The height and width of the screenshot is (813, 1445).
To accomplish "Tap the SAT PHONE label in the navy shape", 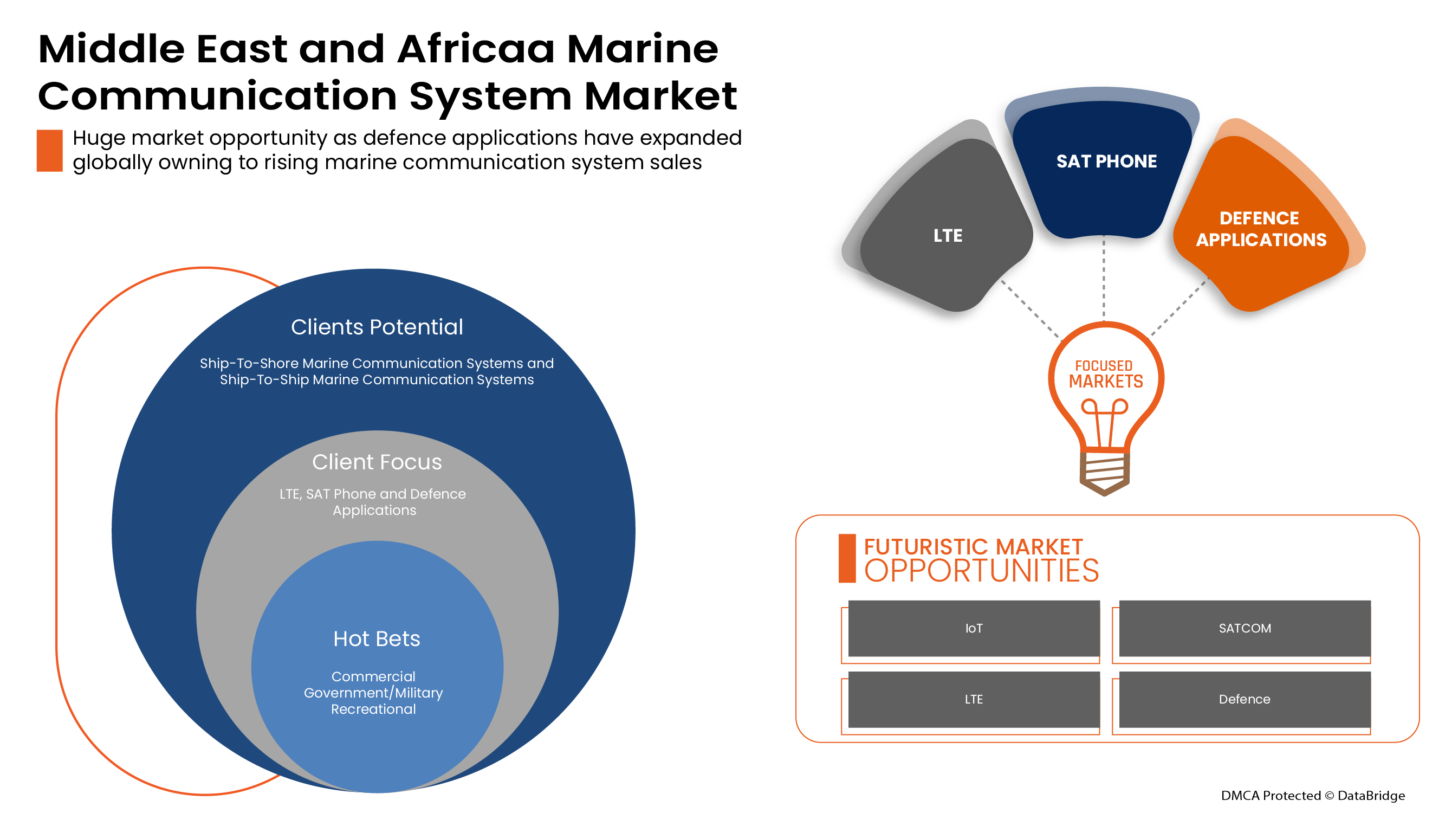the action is pos(1106,161).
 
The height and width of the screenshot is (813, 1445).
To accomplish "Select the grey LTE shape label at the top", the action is pos(948,235).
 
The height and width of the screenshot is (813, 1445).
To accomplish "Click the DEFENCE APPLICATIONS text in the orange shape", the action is pos(1261,228).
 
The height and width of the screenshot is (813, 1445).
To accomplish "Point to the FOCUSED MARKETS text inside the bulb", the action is pos(1105,373).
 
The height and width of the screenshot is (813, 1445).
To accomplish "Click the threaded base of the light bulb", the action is pos(1105,473).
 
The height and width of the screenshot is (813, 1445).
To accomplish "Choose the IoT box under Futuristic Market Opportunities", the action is pos(973,628).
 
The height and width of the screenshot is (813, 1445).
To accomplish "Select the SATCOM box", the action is pos(1244,628).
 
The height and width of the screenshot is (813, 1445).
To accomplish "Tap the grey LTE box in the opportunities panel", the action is pos(973,699).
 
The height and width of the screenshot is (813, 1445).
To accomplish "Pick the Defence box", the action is pos(1244,699).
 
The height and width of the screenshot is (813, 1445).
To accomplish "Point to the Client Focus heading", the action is pos(377,462).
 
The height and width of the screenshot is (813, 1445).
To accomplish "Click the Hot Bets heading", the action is pos(377,638).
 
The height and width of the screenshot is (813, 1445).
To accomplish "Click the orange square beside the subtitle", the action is pos(49,150).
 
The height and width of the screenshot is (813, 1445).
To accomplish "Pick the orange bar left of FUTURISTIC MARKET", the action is pos(847,558).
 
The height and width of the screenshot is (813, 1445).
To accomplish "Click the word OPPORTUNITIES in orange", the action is pos(981,571).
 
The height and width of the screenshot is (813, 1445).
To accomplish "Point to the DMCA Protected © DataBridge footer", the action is pos(1313,795).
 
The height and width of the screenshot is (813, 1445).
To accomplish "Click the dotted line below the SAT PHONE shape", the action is pos(1104,278).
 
